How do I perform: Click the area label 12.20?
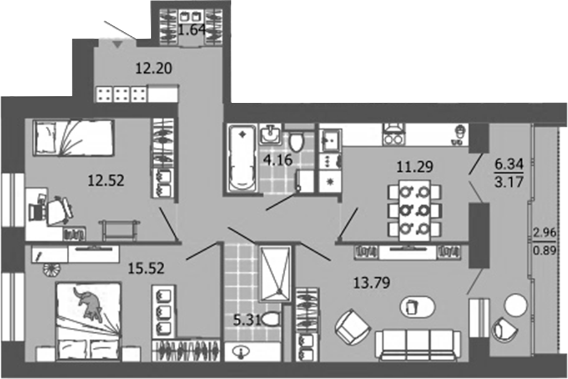point(154,69)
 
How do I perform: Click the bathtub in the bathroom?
point(241,159)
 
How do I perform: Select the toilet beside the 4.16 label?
point(296,140)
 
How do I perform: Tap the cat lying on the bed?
point(89,304)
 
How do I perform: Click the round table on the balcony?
point(516,305)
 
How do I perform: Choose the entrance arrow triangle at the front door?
point(116,44)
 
